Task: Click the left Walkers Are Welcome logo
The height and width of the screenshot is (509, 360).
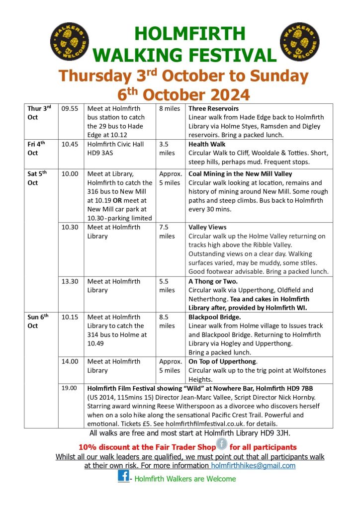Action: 69,41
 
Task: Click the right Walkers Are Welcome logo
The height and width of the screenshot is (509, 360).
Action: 300,41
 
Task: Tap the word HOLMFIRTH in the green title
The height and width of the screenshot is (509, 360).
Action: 190,33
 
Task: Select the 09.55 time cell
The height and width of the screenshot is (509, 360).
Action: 70,108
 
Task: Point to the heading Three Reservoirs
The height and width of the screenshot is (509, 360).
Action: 214,108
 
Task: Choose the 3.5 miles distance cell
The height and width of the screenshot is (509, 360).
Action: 167,149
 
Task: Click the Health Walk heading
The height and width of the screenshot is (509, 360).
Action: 207,144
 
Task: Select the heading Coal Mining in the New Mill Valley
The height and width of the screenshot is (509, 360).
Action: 240,174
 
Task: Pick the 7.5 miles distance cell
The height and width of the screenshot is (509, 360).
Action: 167,232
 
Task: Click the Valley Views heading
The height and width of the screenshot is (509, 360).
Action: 207,227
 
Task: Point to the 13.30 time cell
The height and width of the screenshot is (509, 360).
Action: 70,281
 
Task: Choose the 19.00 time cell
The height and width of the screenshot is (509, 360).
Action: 70,388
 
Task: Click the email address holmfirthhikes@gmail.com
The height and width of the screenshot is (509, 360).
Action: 253,466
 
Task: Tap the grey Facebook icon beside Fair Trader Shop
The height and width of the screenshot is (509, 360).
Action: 221,444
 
